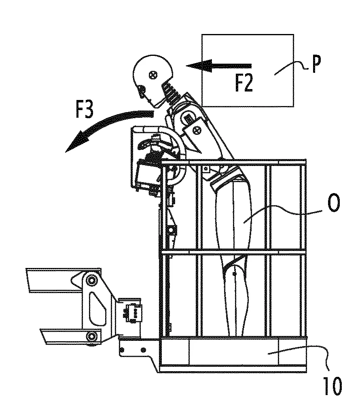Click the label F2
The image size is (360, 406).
244,82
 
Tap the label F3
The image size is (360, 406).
85,109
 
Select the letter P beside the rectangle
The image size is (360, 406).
316,64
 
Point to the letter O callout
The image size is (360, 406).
333,203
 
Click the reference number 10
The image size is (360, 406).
332,386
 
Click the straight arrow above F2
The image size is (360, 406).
219,66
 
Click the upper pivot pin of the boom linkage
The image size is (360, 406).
91,280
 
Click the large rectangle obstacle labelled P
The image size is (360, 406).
248,70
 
